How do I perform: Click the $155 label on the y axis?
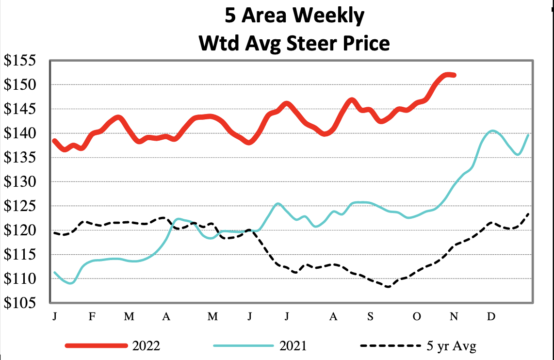[24, 61]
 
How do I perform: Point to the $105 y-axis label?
[24, 303]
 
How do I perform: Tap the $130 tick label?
[24, 182]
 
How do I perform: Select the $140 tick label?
[24, 133]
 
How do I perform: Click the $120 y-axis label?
[24, 230]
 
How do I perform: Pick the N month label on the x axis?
[454, 317]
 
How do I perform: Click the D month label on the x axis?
[491, 317]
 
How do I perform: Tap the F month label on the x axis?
[92, 317]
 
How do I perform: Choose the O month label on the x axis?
[417, 317]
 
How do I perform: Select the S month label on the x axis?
[370, 317]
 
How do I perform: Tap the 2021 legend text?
[293, 346]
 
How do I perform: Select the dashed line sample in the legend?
[390, 346]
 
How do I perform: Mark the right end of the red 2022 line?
[454, 75]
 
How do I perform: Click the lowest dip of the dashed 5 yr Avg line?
[388, 287]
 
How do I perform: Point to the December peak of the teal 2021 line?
[493, 131]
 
